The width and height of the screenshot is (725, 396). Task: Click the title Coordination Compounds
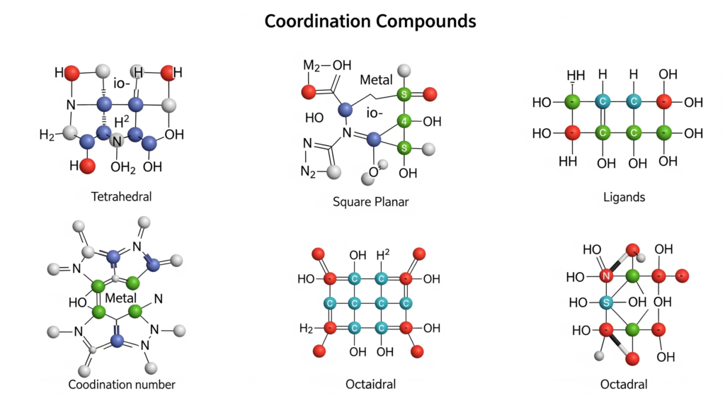point(370,21)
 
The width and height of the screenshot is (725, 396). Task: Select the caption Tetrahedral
point(121,196)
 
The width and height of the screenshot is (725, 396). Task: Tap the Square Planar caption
point(370,201)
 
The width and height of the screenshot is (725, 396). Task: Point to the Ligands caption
point(624,196)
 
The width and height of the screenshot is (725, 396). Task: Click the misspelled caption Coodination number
point(122,384)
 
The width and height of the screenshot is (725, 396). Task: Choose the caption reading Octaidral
point(370,384)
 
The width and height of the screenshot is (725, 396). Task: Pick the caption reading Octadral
point(624,384)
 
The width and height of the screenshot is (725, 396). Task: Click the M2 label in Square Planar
point(312,66)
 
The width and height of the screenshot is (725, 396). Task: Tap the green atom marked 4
point(405,121)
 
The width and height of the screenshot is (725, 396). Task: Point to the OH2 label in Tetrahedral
point(122,167)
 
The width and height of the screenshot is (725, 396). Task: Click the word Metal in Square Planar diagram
point(376,80)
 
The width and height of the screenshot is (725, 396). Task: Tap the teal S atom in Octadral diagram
point(606,302)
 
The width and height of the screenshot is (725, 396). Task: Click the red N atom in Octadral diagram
point(606,276)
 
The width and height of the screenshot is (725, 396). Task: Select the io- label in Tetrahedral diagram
point(120,84)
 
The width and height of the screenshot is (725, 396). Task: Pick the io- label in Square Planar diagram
point(375,113)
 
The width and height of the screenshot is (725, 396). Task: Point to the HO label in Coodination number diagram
point(78,302)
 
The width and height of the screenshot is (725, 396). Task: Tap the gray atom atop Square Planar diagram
point(405,70)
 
